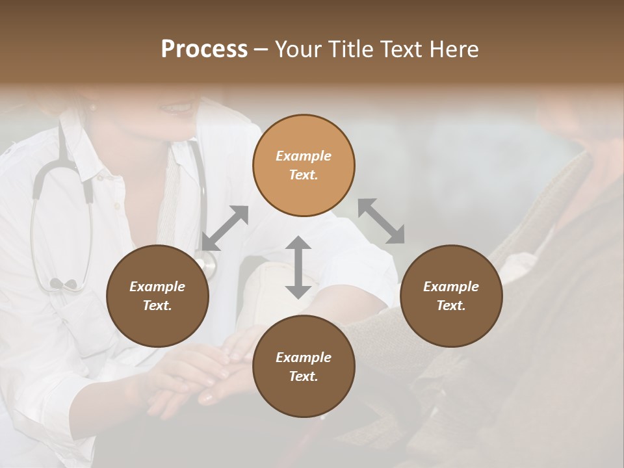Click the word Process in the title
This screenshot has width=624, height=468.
click(204, 49)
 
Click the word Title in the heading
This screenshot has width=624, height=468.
click(350, 49)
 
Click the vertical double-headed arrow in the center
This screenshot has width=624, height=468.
click(298, 267)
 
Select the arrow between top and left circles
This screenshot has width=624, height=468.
click(225, 228)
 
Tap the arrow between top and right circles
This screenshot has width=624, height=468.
click(381, 221)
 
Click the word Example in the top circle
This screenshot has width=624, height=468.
click(304, 156)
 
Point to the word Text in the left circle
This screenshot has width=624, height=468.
click(157, 305)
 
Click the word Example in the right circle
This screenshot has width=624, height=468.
click(451, 287)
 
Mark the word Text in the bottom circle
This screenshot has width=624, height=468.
click(304, 376)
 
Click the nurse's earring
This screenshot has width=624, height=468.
click(92, 107)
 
